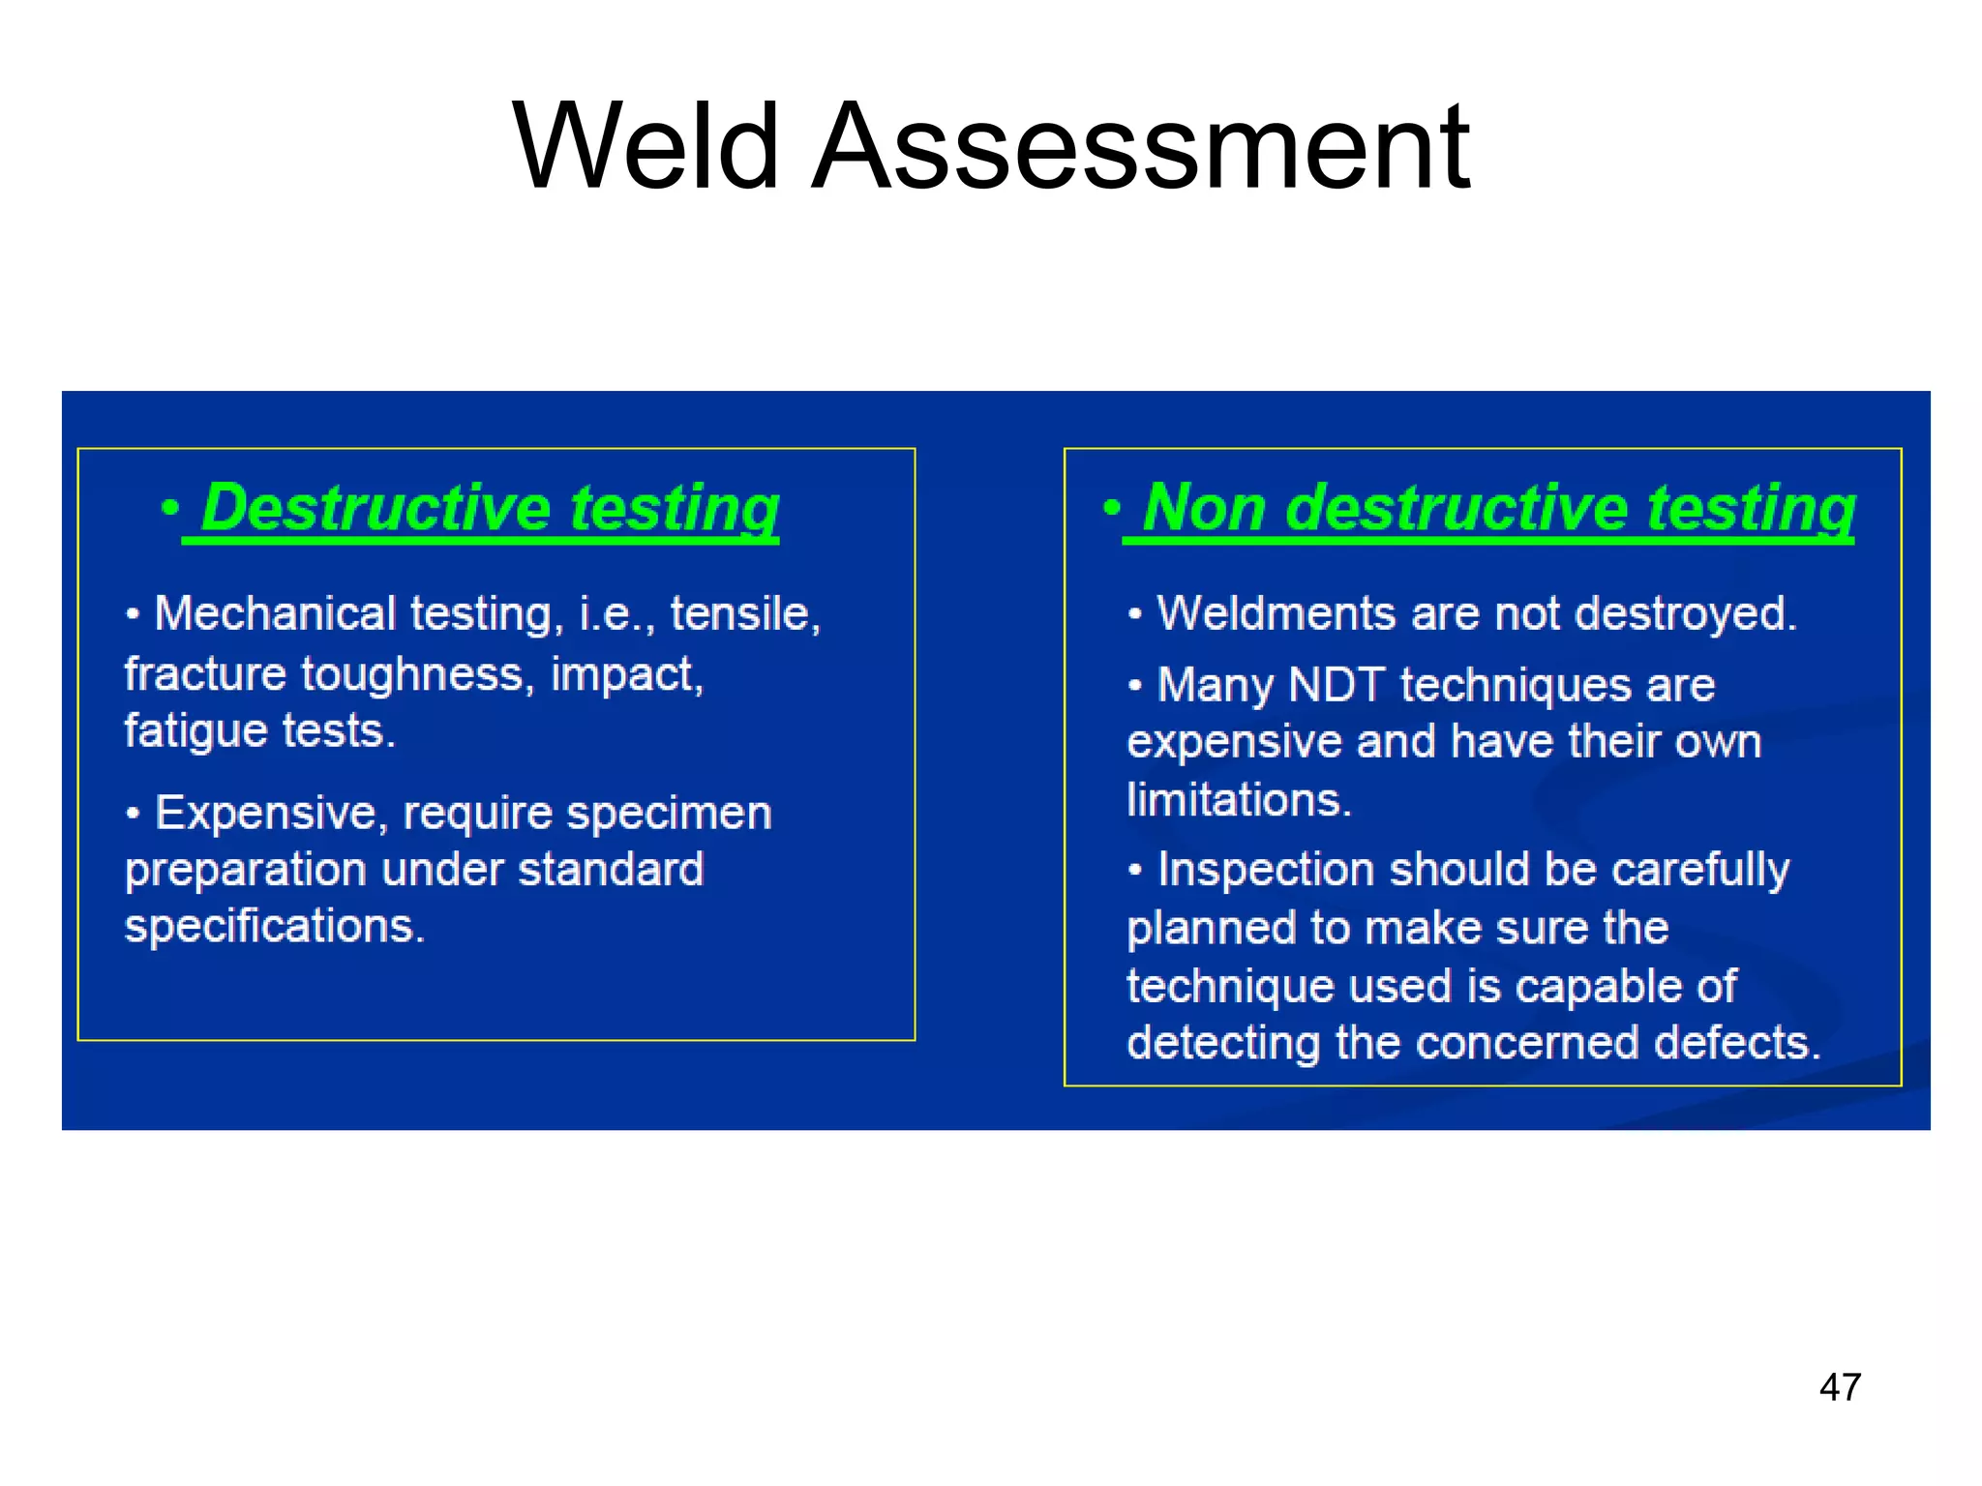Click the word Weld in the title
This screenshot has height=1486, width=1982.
pos(646,147)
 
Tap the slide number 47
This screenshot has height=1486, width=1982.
pos(1840,1387)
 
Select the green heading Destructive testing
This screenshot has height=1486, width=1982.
pos(489,508)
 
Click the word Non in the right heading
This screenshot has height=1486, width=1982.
pos(1204,508)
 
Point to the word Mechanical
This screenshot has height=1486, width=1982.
pos(275,613)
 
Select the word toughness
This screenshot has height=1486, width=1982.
pos(413,673)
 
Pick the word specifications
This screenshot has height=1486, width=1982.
pos(274,926)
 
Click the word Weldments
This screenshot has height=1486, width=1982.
pos(1276,613)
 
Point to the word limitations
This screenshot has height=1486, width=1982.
pos(1238,800)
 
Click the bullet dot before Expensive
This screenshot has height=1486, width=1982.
pos(134,814)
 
